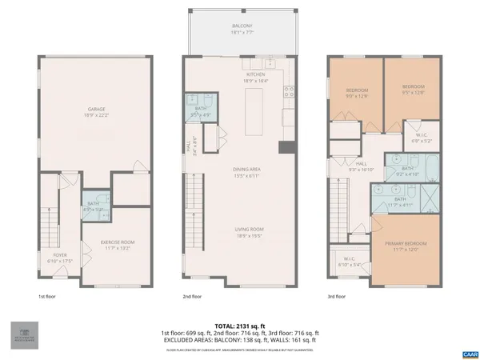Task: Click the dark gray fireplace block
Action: point(284,147)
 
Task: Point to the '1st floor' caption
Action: point(47,295)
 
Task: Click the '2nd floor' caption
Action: point(193,295)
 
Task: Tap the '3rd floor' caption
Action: point(338,295)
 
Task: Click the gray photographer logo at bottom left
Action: point(23,334)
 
